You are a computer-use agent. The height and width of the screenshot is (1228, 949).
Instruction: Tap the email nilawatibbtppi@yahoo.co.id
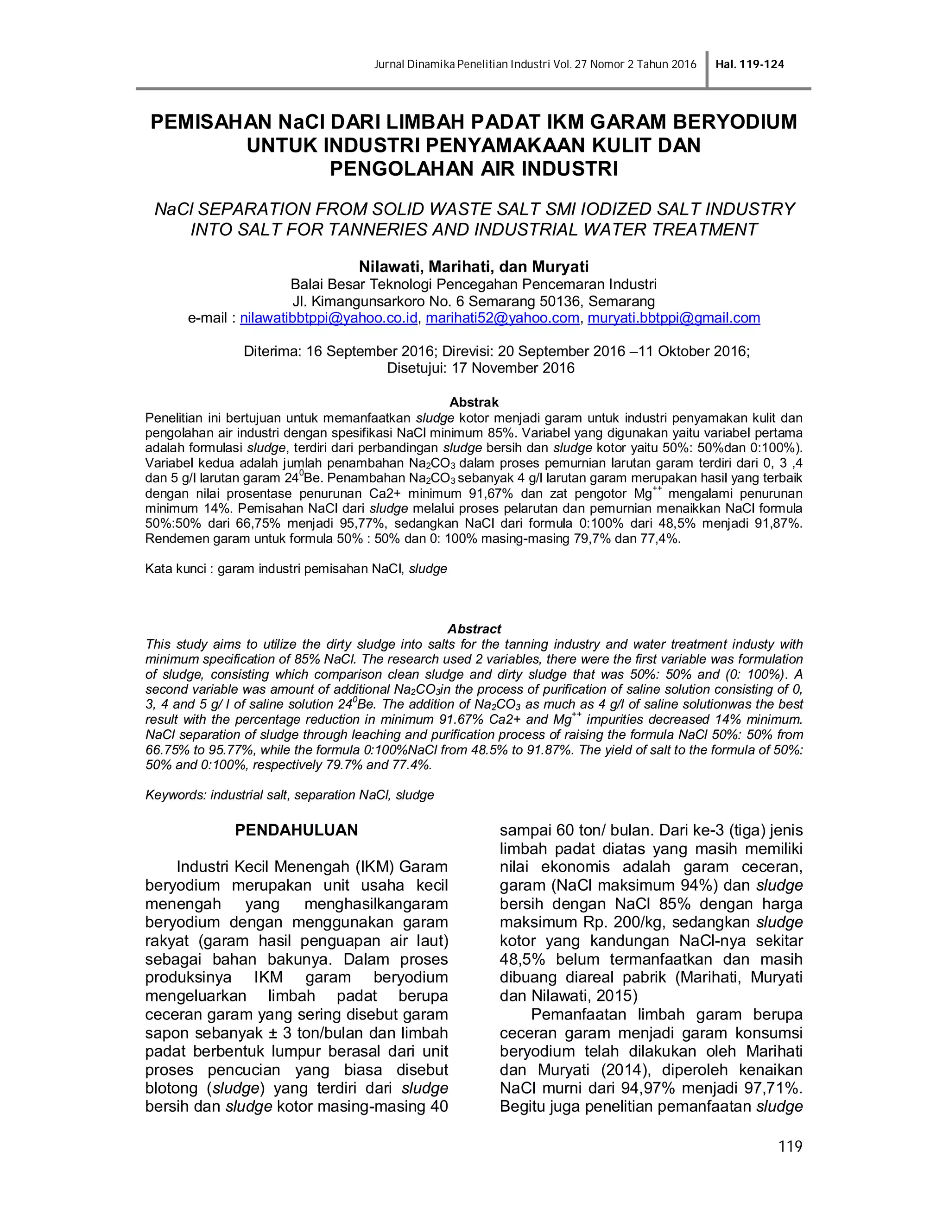pyautogui.click(x=329, y=318)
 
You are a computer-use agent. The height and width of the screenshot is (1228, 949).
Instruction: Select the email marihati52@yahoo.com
pyautogui.click(x=502, y=318)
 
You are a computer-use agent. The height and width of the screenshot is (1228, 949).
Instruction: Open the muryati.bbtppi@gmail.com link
pyautogui.click(x=673, y=318)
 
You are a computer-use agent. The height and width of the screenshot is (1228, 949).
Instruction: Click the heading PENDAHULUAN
pyautogui.click(x=296, y=830)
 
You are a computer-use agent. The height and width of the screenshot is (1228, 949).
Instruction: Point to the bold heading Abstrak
pyautogui.click(x=474, y=402)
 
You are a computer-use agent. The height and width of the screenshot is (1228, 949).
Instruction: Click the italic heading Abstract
pyautogui.click(x=474, y=629)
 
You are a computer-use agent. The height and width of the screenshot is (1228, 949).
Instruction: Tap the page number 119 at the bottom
pyautogui.click(x=791, y=1146)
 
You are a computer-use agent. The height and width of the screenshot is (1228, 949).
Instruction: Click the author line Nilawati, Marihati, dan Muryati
pyautogui.click(x=474, y=266)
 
